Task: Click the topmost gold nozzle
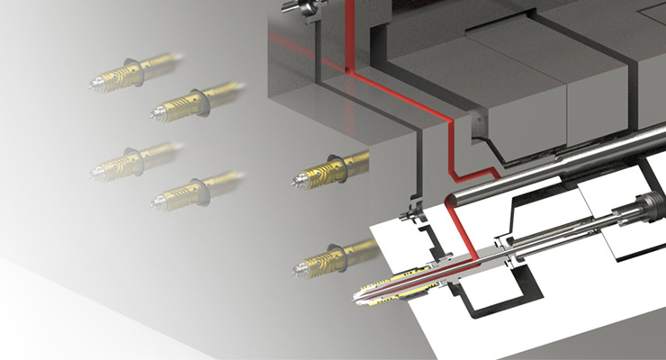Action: click(x=135, y=68)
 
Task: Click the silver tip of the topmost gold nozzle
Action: click(x=96, y=82)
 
